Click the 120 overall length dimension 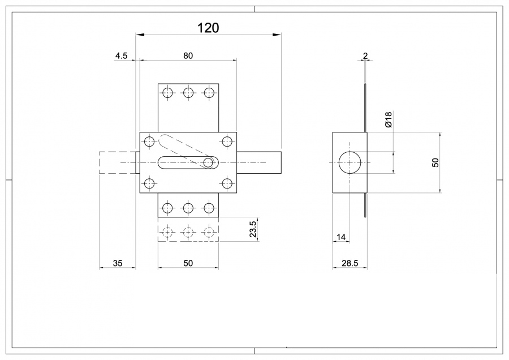[x=208, y=28]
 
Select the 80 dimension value [x=188, y=55]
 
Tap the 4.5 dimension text [x=122, y=55]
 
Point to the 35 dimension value [x=118, y=263]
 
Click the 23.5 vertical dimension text [x=253, y=230]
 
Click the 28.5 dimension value [x=349, y=263]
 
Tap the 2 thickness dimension [x=365, y=55]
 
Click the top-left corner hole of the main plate [x=149, y=142]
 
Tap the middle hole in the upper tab [x=188, y=93]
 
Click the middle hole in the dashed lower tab [x=188, y=232]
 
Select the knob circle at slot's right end [x=208, y=163]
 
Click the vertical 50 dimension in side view [x=435, y=162]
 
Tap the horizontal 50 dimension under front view [x=188, y=263]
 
